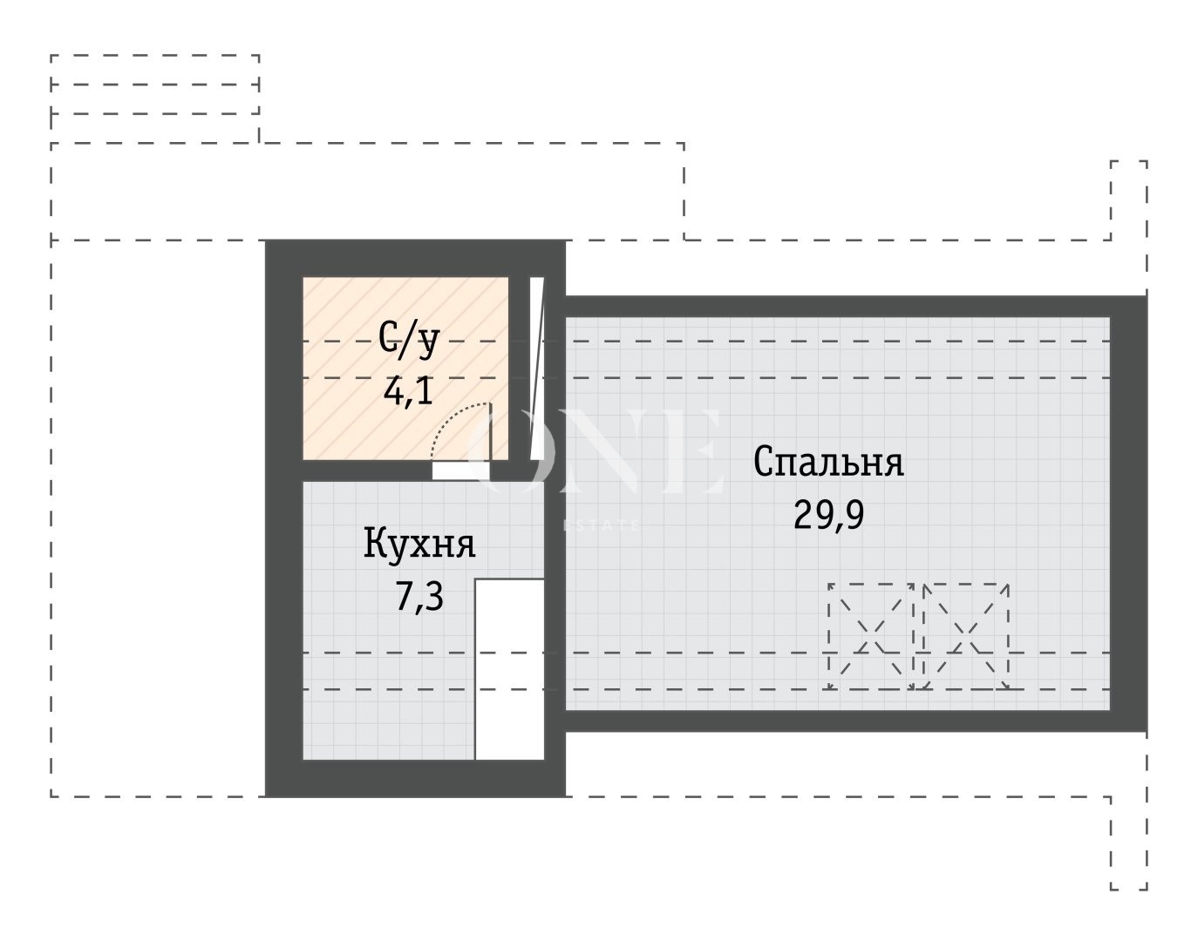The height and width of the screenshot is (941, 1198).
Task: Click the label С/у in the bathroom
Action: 408,341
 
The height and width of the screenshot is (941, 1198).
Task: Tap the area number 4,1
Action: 408,392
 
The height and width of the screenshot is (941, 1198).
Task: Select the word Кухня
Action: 419,545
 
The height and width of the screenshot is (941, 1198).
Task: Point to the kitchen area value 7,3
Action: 419,597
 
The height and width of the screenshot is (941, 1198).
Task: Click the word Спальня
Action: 828,462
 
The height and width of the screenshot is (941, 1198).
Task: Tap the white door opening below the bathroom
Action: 460,470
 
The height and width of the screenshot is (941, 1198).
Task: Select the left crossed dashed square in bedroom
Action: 871,636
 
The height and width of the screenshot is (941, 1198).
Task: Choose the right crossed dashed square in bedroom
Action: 966,636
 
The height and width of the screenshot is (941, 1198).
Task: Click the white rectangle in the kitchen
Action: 509,669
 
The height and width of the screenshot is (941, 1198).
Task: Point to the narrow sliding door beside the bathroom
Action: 536,368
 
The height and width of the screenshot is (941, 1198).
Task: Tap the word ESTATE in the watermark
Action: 602,525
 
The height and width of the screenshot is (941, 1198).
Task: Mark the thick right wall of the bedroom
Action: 1128,514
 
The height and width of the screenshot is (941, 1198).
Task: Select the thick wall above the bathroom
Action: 415,259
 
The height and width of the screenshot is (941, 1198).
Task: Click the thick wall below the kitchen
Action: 415,778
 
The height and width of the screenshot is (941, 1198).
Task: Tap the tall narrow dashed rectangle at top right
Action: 1128,200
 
